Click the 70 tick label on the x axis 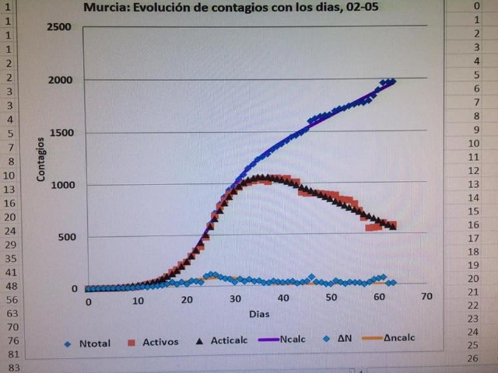pyautogui.click(x=426, y=297)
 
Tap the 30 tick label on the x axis pyautogui.click(x=235, y=300)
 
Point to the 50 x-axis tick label pyautogui.click(x=331, y=298)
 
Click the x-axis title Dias pyautogui.click(x=259, y=315)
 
